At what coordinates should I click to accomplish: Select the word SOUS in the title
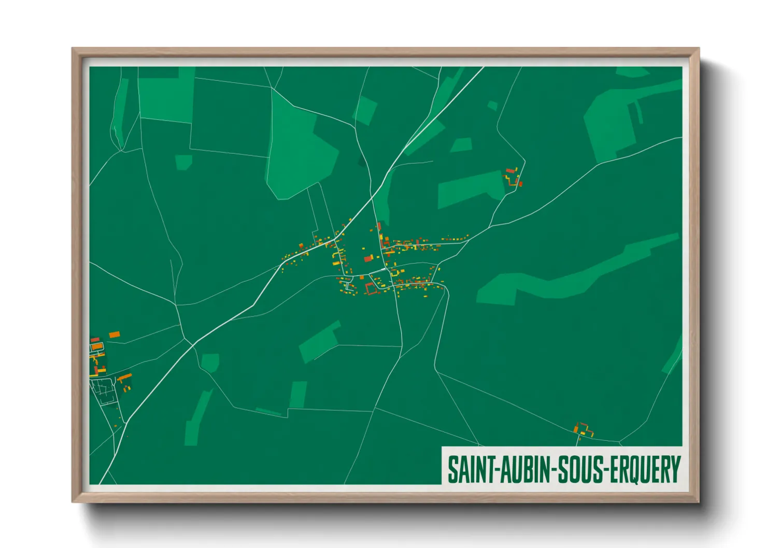point(581,469)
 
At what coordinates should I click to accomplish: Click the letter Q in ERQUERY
point(634,470)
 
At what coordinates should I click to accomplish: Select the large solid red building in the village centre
point(368,258)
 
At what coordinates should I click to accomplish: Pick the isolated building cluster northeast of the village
point(513,177)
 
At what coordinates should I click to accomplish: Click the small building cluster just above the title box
point(583,430)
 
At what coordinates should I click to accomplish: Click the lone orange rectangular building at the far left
point(114,335)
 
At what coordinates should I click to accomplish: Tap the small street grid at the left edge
point(103,390)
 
